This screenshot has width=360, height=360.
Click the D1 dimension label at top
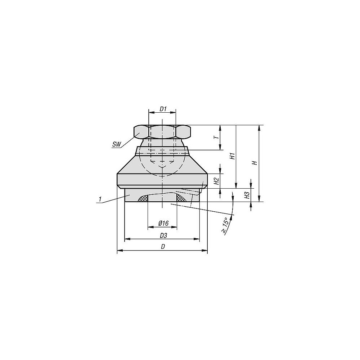[x=163, y=109]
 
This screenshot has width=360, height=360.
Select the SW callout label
[x=116, y=144]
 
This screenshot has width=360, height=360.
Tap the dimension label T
[x=215, y=138]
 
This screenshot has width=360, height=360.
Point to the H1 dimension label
[x=233, y=156]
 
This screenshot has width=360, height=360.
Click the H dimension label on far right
[x=255, y=163]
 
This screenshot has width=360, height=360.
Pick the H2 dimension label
[x=216, y=181]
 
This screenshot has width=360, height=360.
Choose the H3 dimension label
[x=247, y=195]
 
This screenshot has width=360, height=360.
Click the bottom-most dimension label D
[x=163, y=247]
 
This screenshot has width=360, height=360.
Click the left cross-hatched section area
[x=143, y=199]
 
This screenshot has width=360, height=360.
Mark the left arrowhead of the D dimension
[x=120, y=251]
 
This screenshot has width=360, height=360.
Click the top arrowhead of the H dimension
[x=259, y=127]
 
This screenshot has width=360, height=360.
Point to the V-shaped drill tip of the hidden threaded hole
[x=163, y=167]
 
